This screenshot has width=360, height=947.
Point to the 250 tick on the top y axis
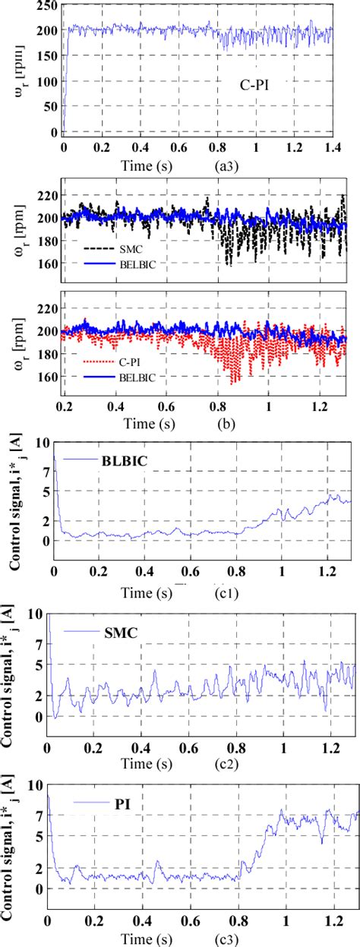pos(47,6)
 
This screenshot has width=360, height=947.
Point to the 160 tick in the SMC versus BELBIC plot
pos(47,263)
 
